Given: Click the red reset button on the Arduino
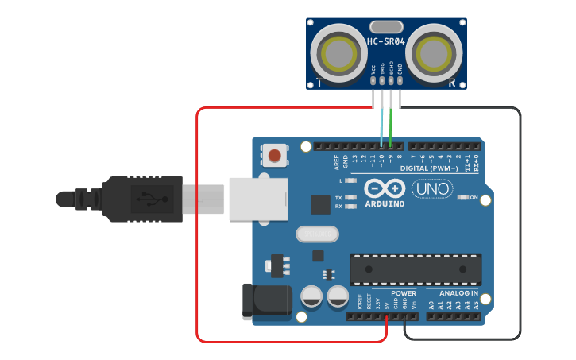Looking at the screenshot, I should [275, 154].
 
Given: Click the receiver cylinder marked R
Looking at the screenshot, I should [434, 53].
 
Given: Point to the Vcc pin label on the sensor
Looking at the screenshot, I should [373, 72].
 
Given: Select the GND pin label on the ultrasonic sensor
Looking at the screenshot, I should [400, 70].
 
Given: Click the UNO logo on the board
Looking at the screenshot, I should [433, 189].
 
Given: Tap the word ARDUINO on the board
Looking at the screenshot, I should [385, 203].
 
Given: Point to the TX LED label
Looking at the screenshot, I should [338, 197].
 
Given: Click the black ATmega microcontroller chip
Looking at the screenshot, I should [416, 269].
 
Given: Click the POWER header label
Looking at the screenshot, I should [404, 293].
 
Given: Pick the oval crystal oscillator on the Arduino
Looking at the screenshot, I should [317, 234].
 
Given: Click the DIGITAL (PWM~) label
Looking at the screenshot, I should [429, 168].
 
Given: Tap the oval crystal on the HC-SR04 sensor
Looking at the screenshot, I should [386, 27].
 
